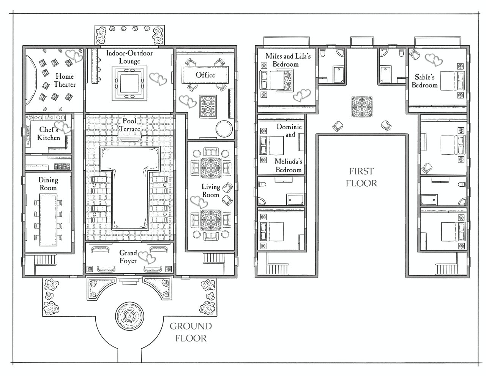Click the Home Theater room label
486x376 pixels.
pyautogui.click(x=65, y=80)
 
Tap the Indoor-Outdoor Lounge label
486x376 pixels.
pyautogui.click(x=129, y=57)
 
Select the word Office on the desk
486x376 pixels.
pyautogui.click(x=205, y=75)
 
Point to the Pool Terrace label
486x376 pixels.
pyautogui.click(x=129, y=125)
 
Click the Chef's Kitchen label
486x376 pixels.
pyautogui.click(x=49, y=133)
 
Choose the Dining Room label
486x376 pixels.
pyautogui.click(x=48, y=184)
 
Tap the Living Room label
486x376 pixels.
pyautogui.click(x=211, y=190)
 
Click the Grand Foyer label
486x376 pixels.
pyautogui.click(x=128, y=257)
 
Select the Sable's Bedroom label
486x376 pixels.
pyautogui.click(x=424, y=81)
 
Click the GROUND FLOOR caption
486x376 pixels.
pyautogui.click(x=191, y=332)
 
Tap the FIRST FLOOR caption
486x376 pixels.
pyautogui.click(x=361, y=177)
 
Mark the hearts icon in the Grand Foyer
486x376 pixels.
pyautogui.click(x=147, y=257)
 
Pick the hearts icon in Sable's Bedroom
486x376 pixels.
pyautogui.click(x=434, y=60)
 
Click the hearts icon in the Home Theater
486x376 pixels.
pyautogui.click(x=74, y=56)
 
